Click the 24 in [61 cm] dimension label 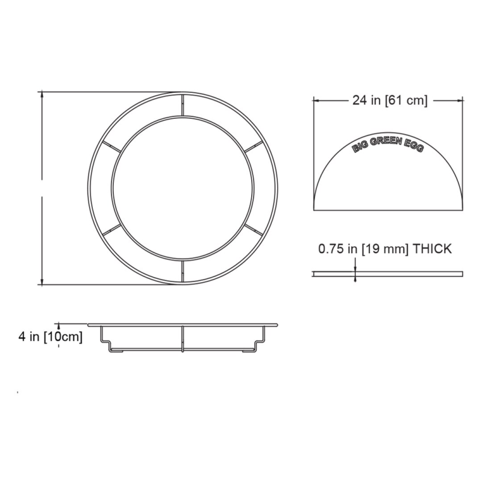(390, 100)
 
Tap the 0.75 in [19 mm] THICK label (385, 249)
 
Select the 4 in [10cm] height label (51, 337)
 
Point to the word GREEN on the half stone (386, 141)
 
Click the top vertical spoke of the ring (183, 105)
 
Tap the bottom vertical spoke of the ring (183, 272)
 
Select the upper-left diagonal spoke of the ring (111, 146)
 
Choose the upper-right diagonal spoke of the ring (254, 146)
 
